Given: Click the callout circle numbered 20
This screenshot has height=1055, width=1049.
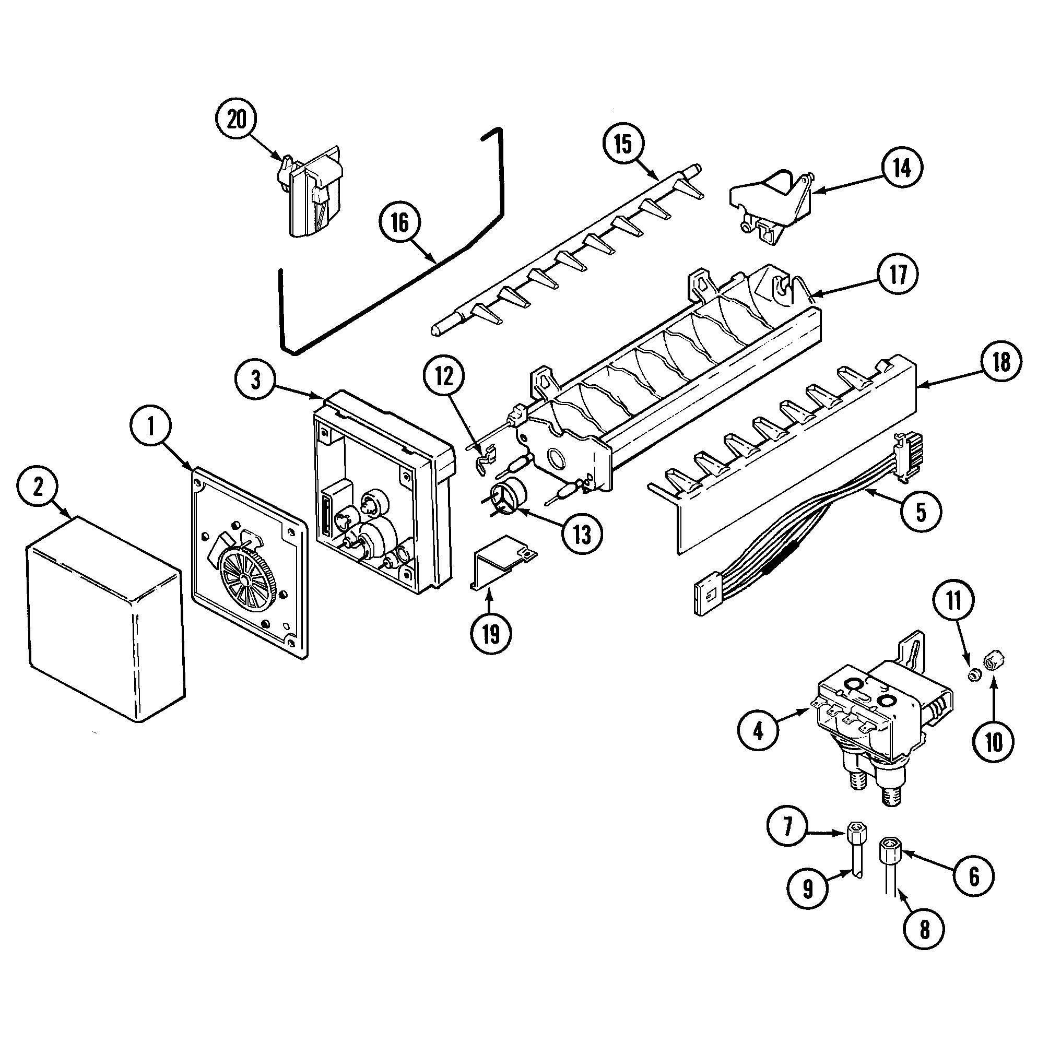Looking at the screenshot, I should point(237,120).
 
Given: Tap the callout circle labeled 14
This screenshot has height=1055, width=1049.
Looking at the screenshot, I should point(901,168).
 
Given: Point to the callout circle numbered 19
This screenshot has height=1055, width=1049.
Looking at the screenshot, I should point(490,633).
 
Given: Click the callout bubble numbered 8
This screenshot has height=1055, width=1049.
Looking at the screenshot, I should point(924,929).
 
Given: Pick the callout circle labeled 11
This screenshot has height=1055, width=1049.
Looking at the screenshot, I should point(953,601).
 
